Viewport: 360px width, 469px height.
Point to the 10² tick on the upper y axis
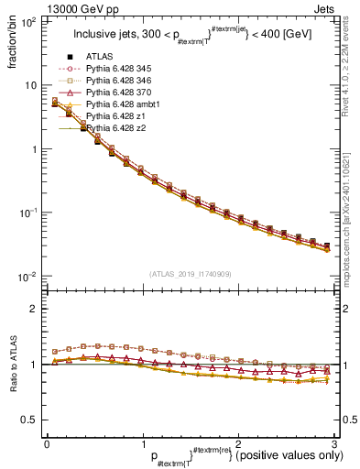point(27,21)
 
